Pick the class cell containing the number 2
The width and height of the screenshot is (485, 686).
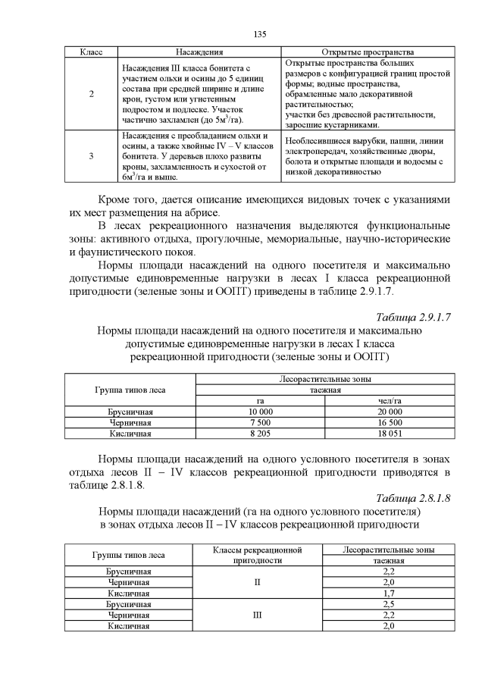pyautogui.click(x=91, y=93)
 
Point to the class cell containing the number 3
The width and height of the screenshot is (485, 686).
pyautogui.click(x=91, y=156)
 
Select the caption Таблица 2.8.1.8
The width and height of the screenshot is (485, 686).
pyautogui.click(x=414, y=498)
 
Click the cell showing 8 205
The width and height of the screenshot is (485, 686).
pyautogui.click(x=261, y=433)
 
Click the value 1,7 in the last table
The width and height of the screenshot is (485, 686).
pyautogui.click(x=390, y=593)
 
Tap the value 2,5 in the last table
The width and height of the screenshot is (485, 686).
pyautogui.click(x=390, y=604)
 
